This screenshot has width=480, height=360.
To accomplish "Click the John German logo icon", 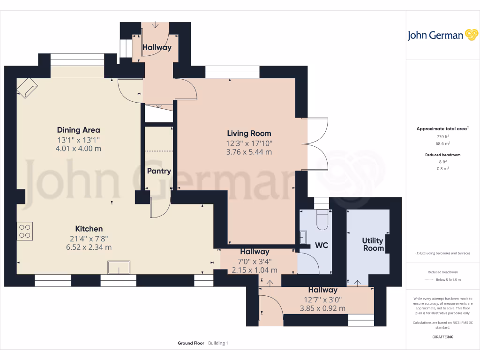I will click(x=471, y=35).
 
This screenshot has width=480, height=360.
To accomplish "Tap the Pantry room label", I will click(x=159, y=171).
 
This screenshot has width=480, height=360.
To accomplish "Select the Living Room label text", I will click(x=249, y=133).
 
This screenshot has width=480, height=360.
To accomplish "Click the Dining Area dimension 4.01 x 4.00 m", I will click(x=78, y=149).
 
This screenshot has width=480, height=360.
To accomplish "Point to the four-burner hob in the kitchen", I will click(x=24, y=231).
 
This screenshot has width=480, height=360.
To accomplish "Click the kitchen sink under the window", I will click(x=119, y=267).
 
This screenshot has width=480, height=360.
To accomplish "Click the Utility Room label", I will click(x=373, y=244).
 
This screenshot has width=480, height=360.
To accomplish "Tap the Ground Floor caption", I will click(x=191, y=343).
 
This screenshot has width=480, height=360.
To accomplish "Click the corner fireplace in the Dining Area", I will click(x=27, y=88).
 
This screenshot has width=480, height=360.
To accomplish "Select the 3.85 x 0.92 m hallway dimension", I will click(x=322, y=308).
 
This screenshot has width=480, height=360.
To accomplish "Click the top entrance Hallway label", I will click(x=157, y=47).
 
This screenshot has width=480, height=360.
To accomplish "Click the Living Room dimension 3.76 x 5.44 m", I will click(x=249, y=152).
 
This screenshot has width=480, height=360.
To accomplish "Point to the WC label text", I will click(x=322, y=245).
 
